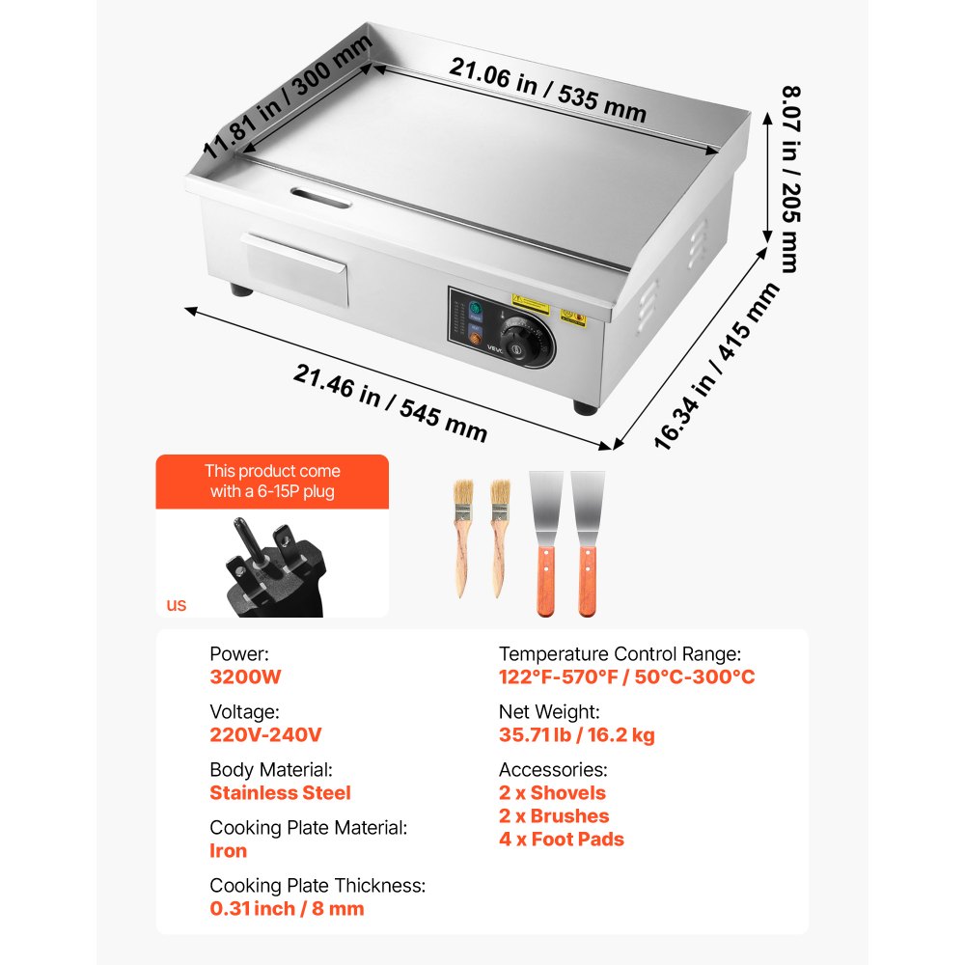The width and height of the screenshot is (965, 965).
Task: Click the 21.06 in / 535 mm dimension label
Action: pyautogui.click(x=547, y=89)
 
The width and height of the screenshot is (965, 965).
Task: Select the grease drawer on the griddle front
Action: pyautogui.click(x=297, y=268)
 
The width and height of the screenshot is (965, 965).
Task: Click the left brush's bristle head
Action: pyautogui.click(x=457, y=498)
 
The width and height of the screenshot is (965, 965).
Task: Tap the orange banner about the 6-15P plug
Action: pyautogui.click(x=272, y=482)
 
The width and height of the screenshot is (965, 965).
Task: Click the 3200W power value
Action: pyautogui.click(x=245, y=676)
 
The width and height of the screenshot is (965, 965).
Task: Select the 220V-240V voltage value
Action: pyautogui.click(x=265, y=734)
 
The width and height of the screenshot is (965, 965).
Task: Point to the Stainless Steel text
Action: pyautogui.click(x=280, y=793)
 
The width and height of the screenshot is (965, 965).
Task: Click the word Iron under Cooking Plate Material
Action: pyautogui.click(x=228, y=851)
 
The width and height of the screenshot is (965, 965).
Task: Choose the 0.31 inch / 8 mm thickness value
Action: pyautogui.click(x=287, y=908)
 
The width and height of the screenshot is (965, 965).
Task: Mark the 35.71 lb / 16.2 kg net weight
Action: pyautogui.click(x=576, y=735)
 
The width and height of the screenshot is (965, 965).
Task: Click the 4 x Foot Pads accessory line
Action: pyautogui.click(x=561, y=840)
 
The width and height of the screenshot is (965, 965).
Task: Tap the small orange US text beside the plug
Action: pyautogui.click(x=176, y=606)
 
